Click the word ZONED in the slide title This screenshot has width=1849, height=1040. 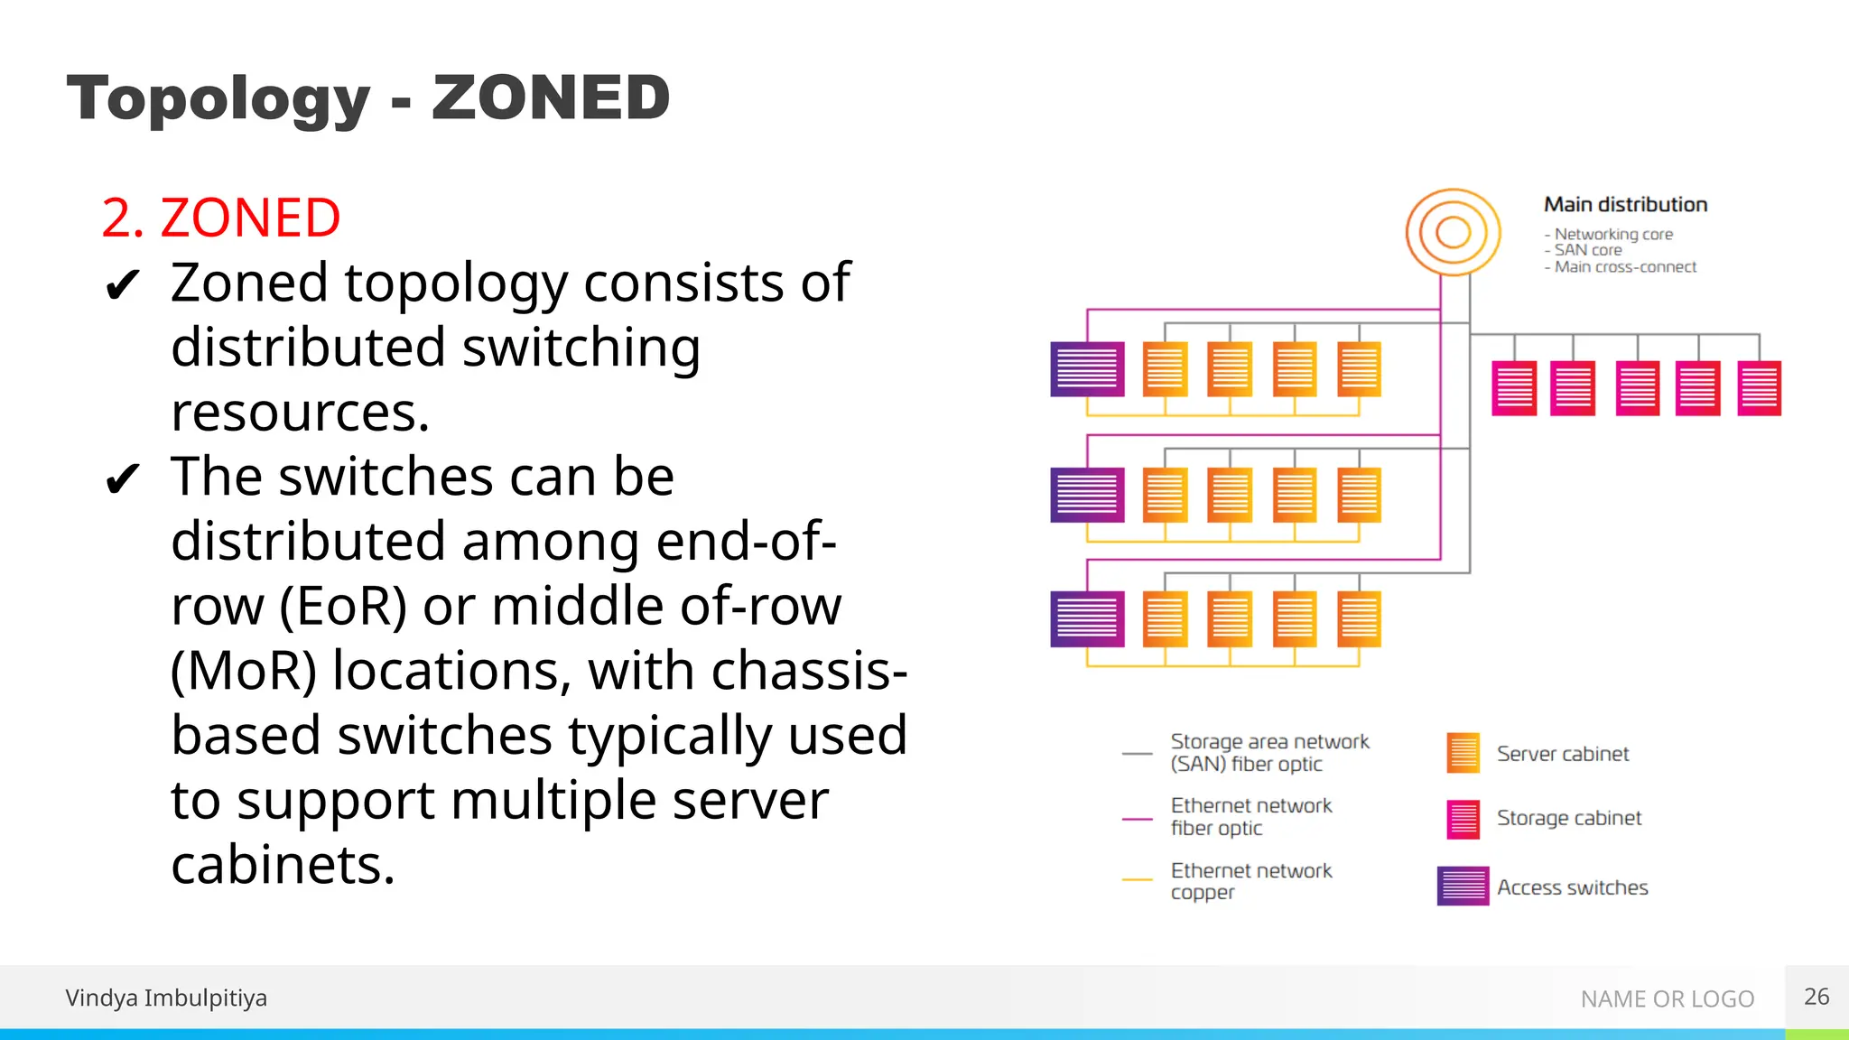point(551,97)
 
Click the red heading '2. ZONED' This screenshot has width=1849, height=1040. point(221,218)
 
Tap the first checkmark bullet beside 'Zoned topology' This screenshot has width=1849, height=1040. point(122,286)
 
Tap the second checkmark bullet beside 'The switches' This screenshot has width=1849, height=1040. point(122,479)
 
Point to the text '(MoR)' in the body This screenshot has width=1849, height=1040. point(244,671)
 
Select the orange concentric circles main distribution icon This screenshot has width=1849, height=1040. point(1453,232)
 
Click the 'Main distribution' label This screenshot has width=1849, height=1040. point(1625,205)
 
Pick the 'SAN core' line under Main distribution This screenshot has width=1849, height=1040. point(1587,250)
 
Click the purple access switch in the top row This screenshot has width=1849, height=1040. point(1087,369)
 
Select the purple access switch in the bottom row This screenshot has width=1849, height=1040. point(1087,619)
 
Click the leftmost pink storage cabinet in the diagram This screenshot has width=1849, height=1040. point(1514,388)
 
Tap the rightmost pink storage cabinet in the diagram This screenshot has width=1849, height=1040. point(1759,388)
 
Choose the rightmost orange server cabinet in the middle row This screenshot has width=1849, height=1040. point(1359,495)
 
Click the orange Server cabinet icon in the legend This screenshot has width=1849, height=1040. point(1463,753)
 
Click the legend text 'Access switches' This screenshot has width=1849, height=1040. point(1572,887)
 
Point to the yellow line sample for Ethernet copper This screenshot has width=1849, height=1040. point(1137,878)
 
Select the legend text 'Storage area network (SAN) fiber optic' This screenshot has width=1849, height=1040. point(1268,752)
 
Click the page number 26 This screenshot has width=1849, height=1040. point(1816,997)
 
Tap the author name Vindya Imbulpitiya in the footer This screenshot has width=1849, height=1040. point(166,998)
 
